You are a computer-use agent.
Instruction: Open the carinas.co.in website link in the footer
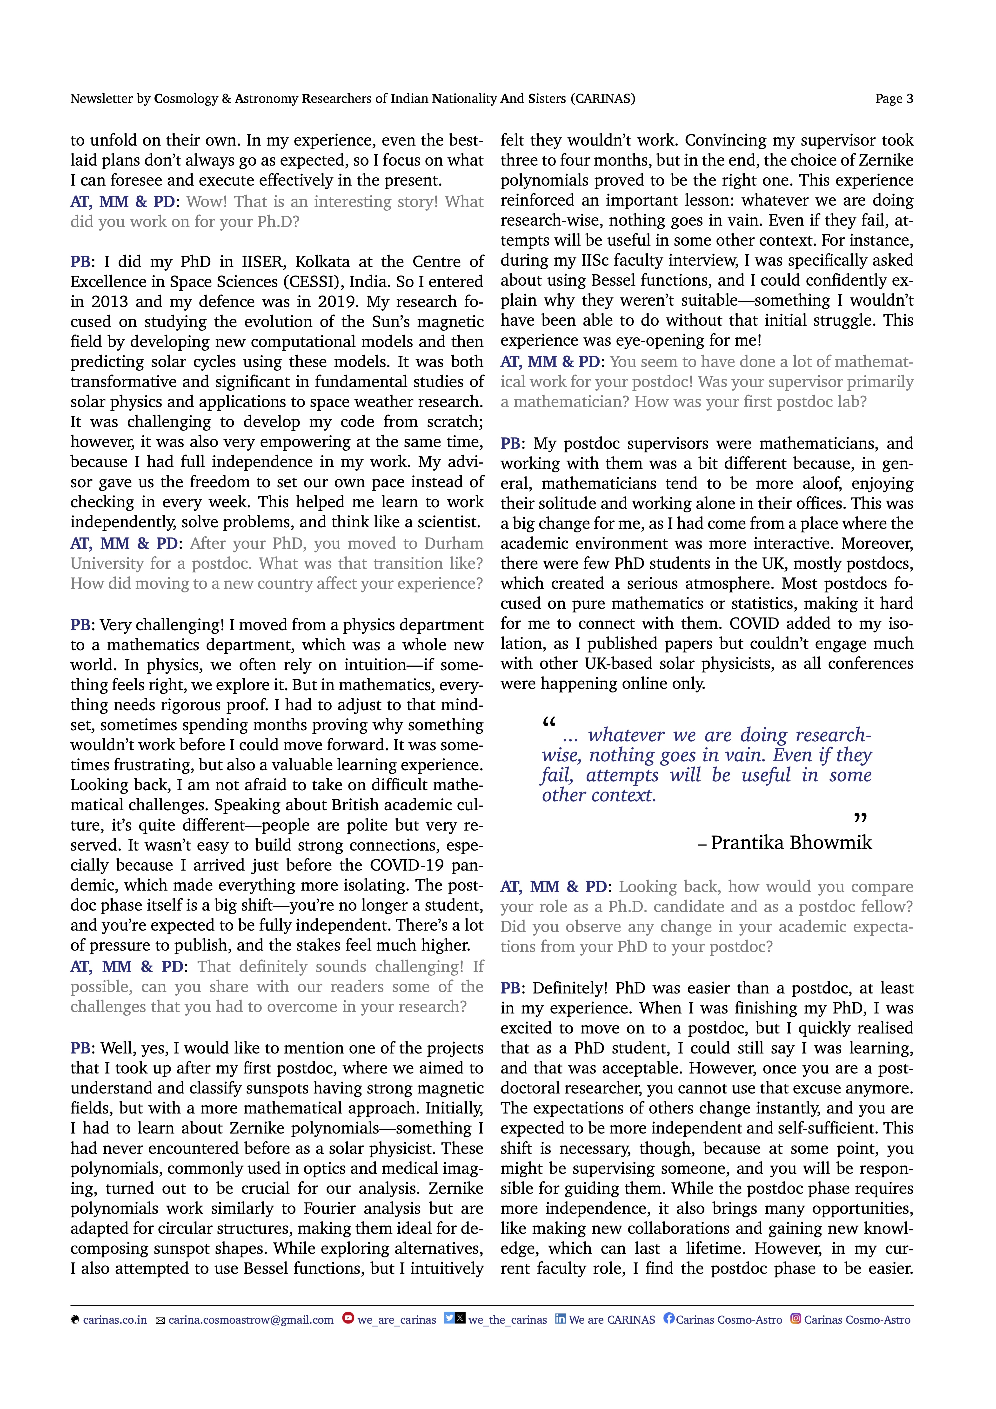(x=115, y=1320)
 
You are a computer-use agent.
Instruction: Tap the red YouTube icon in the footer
(x=348, y=1318)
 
